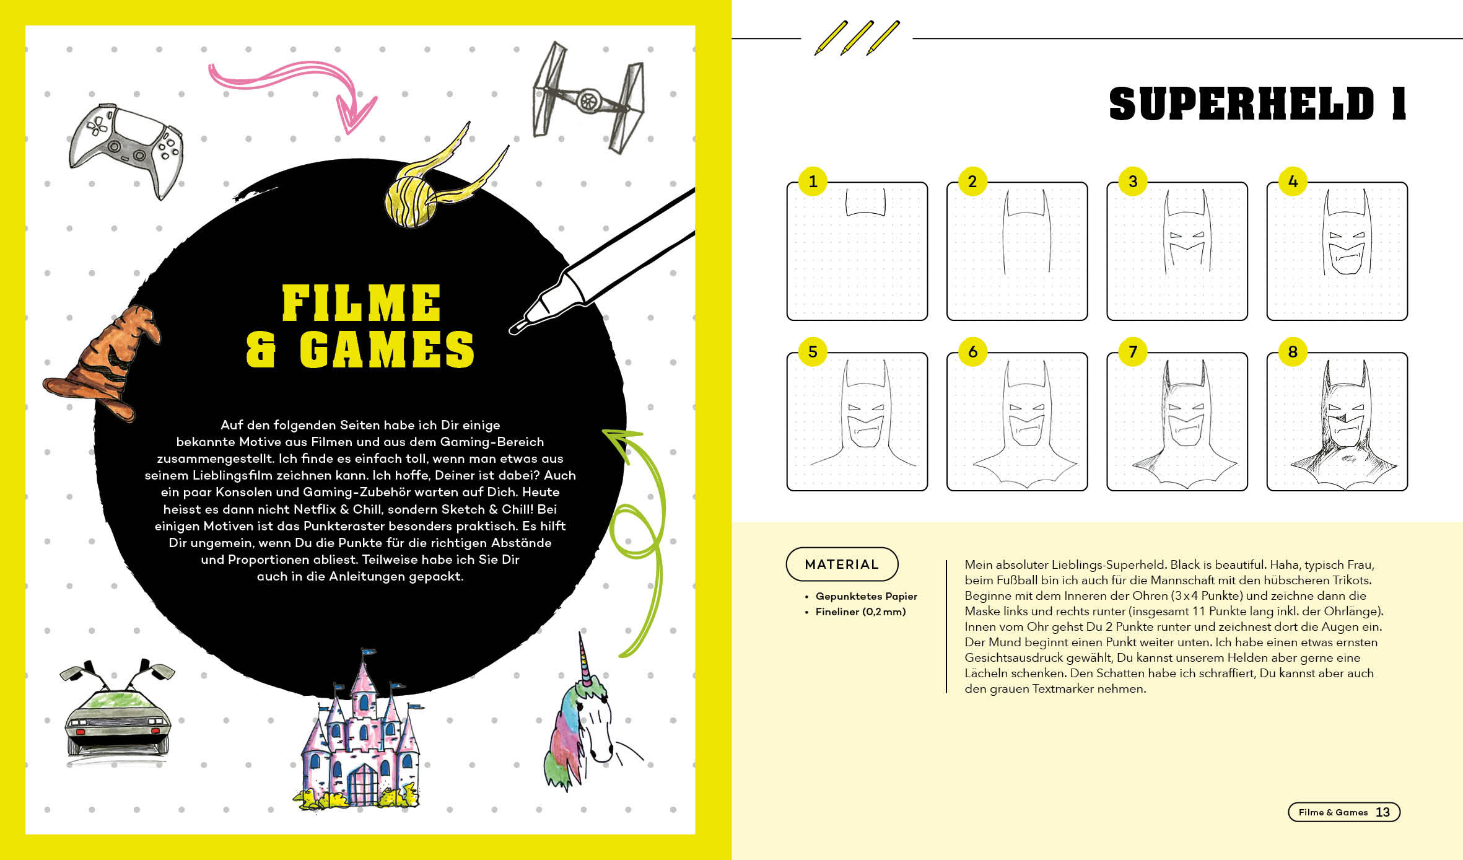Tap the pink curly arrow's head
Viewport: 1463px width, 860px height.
357,115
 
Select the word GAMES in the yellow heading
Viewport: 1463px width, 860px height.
387,349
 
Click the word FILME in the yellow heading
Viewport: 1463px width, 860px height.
361,303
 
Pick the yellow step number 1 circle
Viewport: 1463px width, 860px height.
813,182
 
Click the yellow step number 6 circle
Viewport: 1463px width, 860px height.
972,352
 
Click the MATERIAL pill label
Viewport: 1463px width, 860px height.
842,564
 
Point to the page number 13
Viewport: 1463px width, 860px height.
1382,812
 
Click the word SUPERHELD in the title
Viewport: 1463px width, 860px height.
1241,104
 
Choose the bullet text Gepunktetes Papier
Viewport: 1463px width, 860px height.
866,596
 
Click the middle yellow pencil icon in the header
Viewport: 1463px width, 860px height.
857,38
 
